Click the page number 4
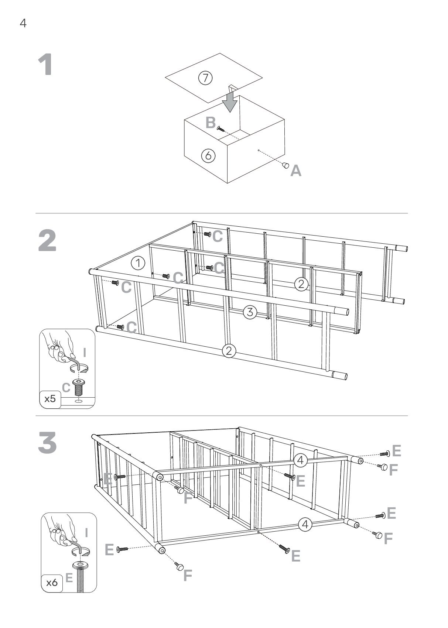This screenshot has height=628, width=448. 23,24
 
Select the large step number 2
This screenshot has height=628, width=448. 48,241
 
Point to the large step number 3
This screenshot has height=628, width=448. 48,443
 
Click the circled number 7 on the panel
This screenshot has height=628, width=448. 205,78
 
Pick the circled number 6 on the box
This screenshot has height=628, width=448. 208,155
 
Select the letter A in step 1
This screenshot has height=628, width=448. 296,171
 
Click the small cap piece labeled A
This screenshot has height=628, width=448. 285,165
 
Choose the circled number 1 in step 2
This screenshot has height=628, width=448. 138,263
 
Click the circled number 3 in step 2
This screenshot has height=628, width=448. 250,312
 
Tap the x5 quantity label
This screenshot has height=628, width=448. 50,399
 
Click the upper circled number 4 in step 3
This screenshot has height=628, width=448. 301,460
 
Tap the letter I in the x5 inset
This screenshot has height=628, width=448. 85,353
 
